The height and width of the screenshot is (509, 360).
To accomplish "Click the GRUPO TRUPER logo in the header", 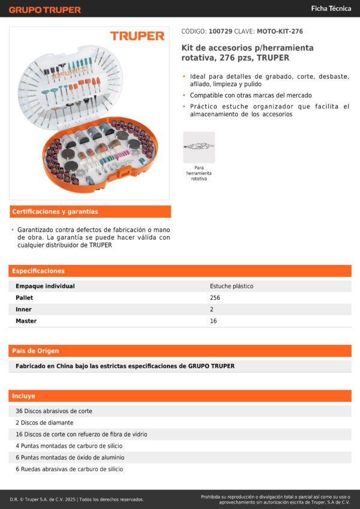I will tap(44, 10).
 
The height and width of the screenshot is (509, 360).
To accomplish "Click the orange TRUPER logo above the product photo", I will tap(137, 36).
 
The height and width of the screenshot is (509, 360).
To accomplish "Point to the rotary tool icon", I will tap(199, 147).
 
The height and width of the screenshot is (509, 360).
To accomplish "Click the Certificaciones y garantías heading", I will tap(55, 212).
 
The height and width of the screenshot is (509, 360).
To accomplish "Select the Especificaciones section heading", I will tap(38, 271).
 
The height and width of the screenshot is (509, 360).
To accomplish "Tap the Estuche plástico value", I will tap(232, 287).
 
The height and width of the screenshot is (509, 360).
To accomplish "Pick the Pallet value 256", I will tap(215, 298).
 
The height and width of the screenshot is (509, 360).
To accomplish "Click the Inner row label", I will tap(23, 309).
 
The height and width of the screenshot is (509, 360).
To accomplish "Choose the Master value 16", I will tap(214, 321).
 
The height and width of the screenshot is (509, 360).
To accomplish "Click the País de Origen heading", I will tap(35, 351).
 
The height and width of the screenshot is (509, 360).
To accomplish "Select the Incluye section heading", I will tap(24, 396).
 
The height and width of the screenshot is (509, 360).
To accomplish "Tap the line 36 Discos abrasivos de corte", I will tap(54, 411).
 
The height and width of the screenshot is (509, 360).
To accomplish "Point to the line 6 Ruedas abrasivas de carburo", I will tap(70, 469).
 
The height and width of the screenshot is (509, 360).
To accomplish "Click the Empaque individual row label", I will tap(45, 287).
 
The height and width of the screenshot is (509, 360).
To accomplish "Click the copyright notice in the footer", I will tap(77, 499).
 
